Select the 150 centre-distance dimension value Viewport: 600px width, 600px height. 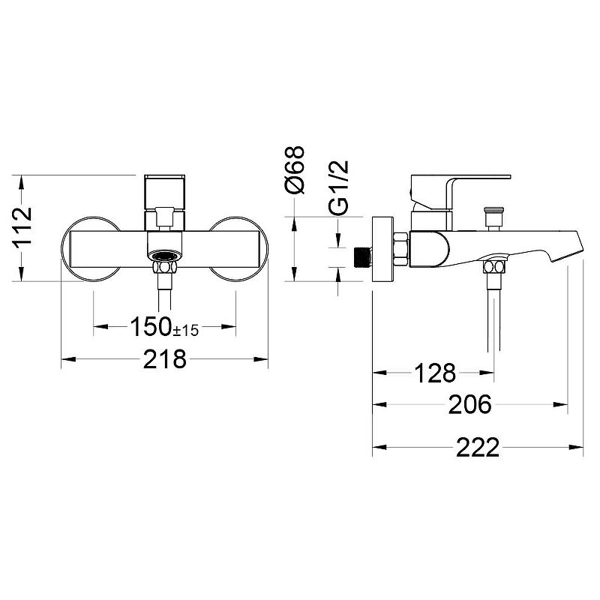pyautogui.click(x=151, y=326)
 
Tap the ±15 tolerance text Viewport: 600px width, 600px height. pyautogui.click(x=186, y=330)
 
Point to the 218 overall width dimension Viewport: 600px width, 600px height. pyautogui.click(x=164, y=359)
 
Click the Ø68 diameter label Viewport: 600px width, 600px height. pyautogui.click(x=295, y=170)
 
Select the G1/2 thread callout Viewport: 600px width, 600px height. pyautogui.click(x=339, y=187)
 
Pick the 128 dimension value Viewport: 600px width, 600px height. pyautogui.click(x=435, y=373)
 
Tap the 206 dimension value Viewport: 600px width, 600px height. pyautogui.click(x=469, y=404)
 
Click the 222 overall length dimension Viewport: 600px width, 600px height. pyautogui.click(x=478, y=447)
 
